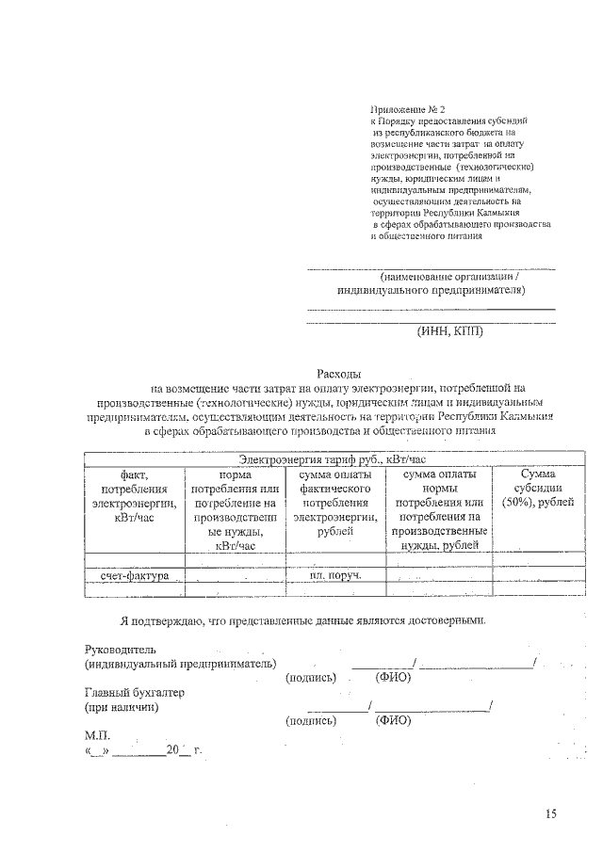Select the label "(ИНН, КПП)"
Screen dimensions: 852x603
[450, 330]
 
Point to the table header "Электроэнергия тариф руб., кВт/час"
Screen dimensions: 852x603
[333, 458]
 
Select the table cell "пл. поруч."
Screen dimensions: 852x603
[335, 574]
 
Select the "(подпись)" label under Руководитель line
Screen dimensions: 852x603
[310, 677]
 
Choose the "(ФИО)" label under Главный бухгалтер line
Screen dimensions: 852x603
[393, 721]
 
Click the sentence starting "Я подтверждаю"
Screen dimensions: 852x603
[303, 621]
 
